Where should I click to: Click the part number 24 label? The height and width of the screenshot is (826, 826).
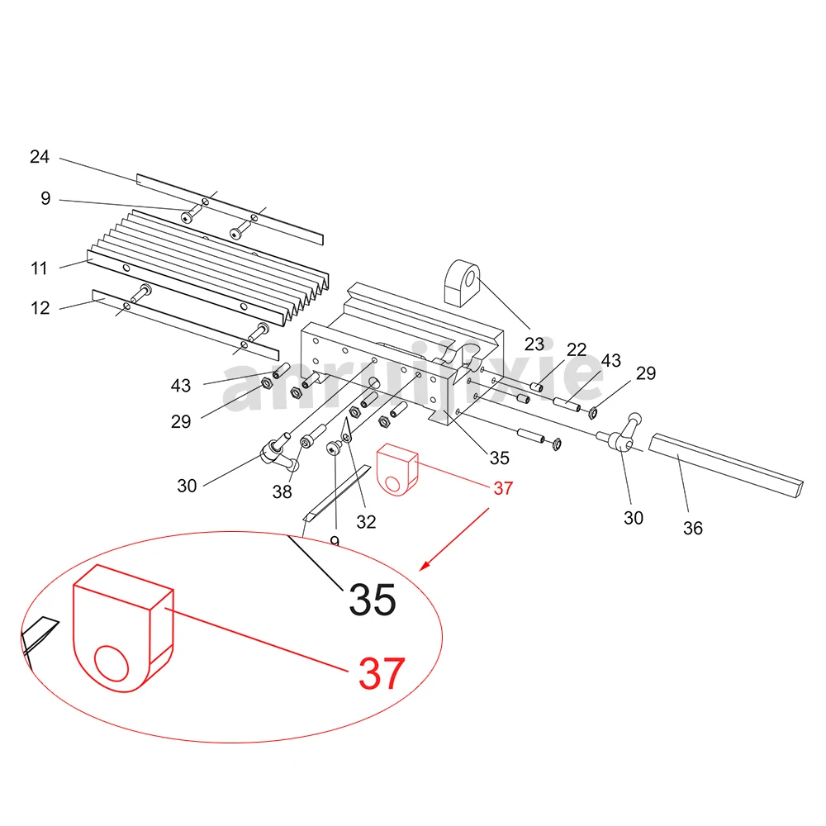pyautogui.click(x=40, y=156)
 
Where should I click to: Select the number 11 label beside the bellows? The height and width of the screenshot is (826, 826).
pyautogui.click(x=40, y=268)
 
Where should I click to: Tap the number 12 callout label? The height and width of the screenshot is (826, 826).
pyautogui.click(x=40, y=308)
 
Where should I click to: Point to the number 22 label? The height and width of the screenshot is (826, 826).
pyautogui.click(x=576, y=350)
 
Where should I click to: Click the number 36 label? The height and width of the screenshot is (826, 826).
pyautogui.click(x=692, y=528)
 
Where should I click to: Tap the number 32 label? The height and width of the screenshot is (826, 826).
pyautogui.click(x=366, y=521)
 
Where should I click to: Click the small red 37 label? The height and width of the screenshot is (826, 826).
pyautogui.click(x=502, y=488)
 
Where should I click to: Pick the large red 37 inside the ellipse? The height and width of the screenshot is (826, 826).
pyautogui.click(x=382, y=674)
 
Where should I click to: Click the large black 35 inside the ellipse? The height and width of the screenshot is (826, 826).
pyautogui.click(x=372, y=600)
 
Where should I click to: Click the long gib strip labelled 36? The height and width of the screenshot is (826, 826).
pyautogui.click(x=727, y=464)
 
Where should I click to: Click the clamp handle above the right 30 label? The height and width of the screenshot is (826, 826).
pyautogui.click(x=625, y=435)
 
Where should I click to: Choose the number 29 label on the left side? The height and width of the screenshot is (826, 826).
pyautogui.click(x=181, y=421)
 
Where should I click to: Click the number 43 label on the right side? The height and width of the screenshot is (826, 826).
pyautogui.click(x=610, y=361)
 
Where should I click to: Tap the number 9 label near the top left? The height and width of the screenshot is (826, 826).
pyautogui.click(x=45, y=198)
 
